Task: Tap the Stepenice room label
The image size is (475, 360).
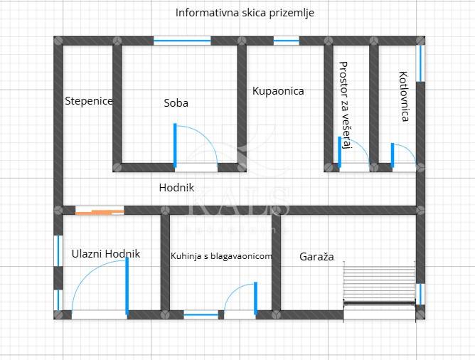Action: click(89, 101)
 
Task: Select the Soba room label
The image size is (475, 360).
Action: click(176, 103)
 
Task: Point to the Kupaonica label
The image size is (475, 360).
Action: click(278, 91)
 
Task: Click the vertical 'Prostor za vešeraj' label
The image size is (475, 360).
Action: click(345, 105)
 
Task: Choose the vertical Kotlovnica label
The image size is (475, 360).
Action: click(404, 96)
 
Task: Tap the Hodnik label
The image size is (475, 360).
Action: click(176, 188)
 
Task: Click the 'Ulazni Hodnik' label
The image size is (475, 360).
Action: click(106, 254)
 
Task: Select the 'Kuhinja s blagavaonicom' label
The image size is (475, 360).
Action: click(221, 256)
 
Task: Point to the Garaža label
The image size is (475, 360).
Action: click(316, 256)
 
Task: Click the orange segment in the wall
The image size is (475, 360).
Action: click(100, 211)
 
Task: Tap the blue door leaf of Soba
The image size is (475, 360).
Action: click(175, 146)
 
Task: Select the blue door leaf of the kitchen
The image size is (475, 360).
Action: click(255, 297)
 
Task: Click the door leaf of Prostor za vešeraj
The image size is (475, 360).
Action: click(339, 152)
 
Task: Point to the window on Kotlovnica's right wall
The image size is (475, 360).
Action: click(420, 63)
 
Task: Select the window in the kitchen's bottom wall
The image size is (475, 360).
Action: click(201, 314)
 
